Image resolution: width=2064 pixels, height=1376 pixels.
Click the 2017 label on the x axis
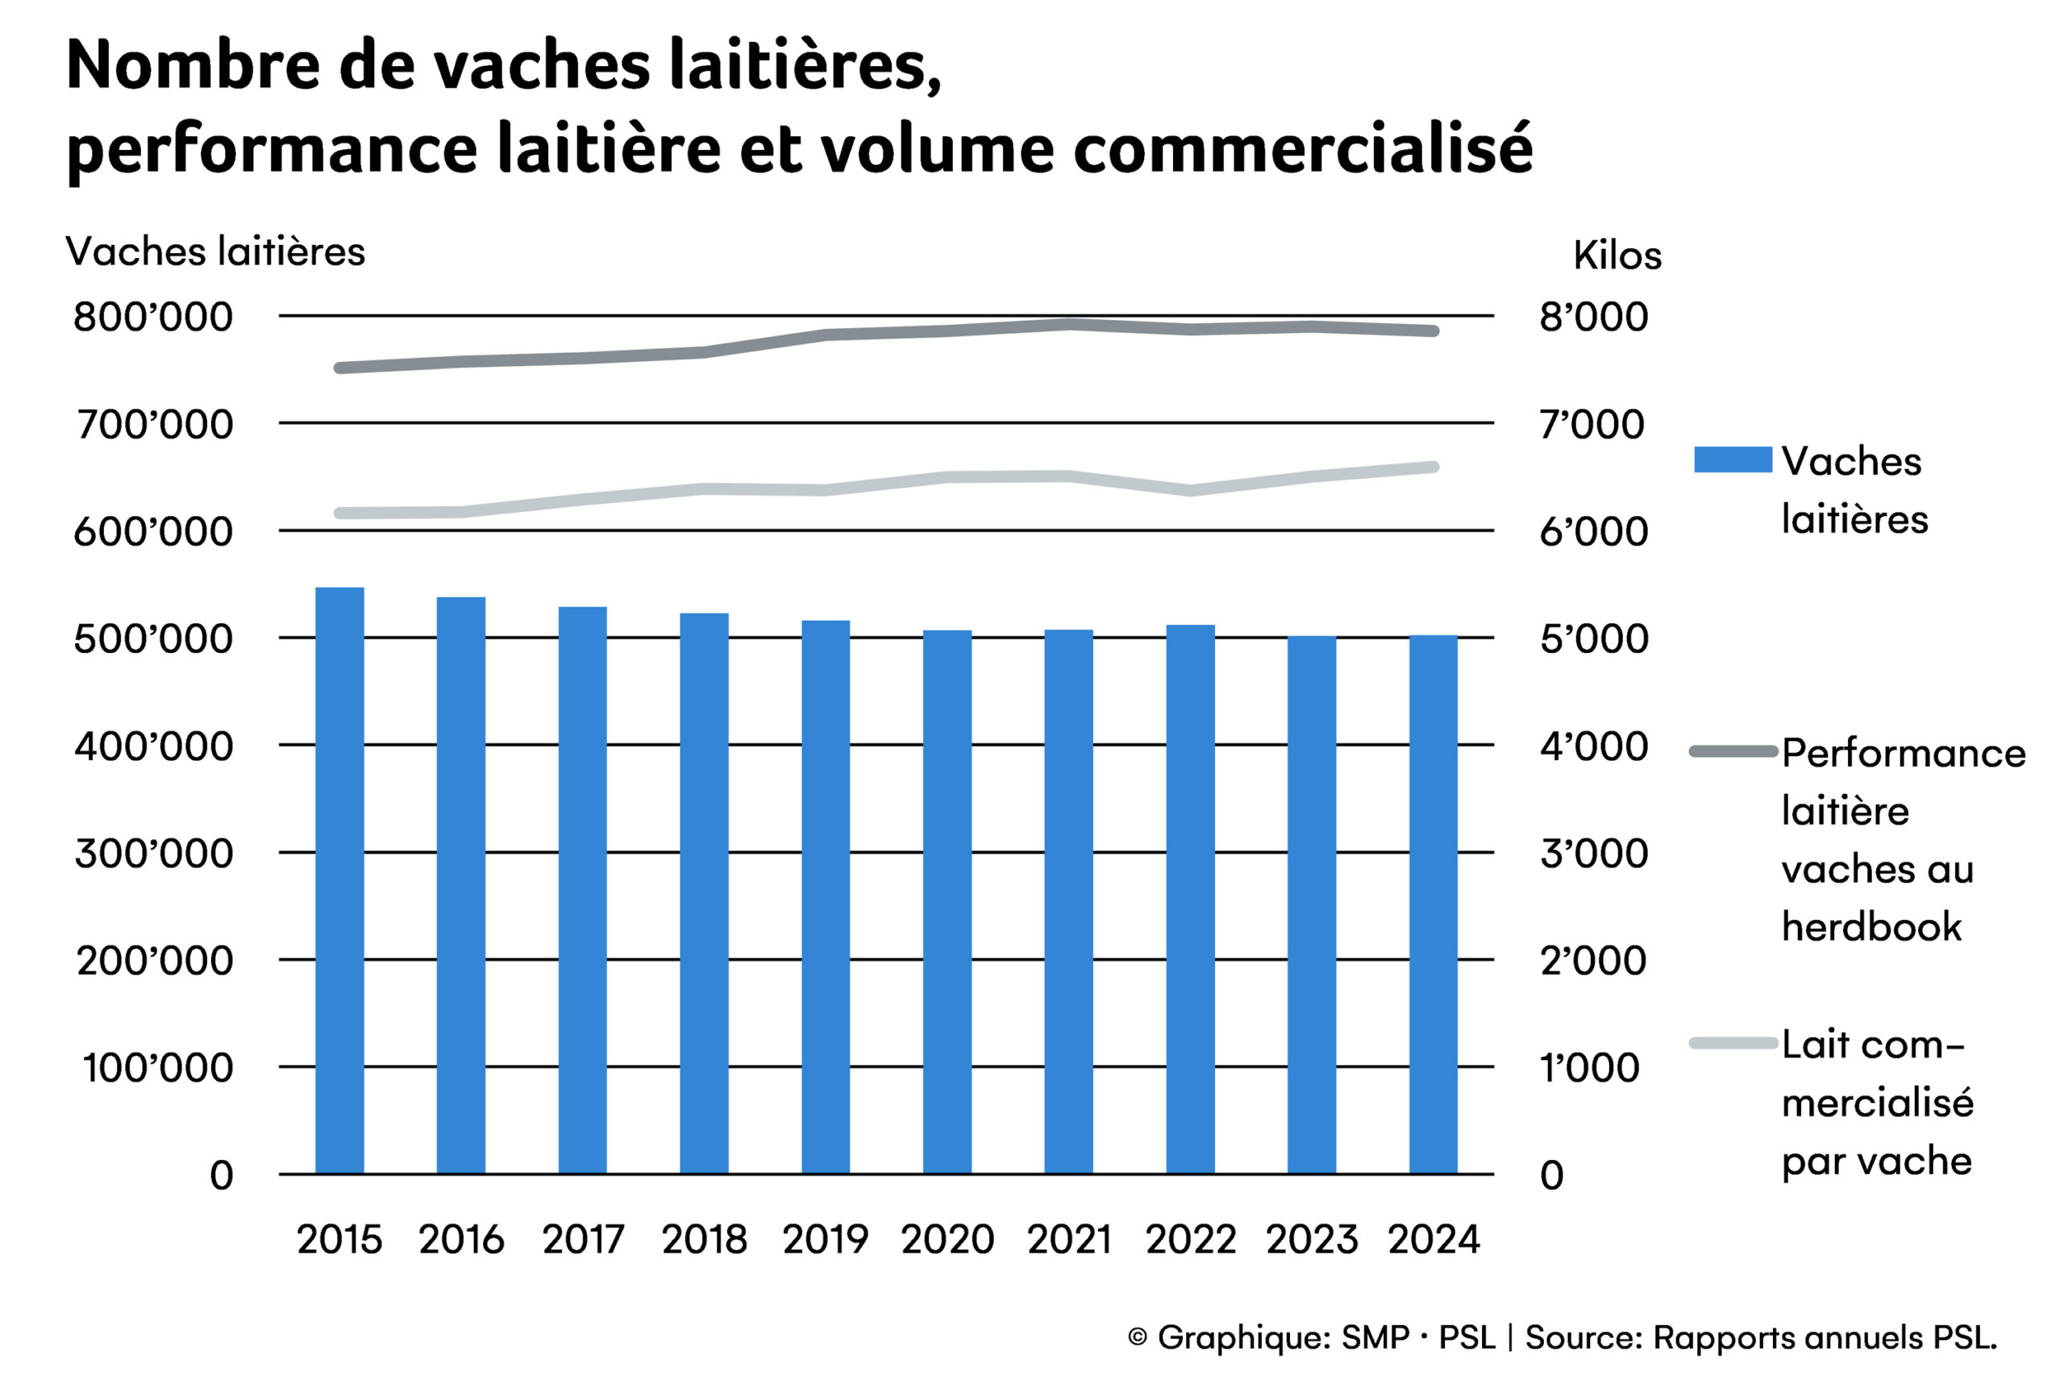583,1239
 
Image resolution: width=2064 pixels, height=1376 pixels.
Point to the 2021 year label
1069,1239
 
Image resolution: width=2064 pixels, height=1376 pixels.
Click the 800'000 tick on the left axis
153,317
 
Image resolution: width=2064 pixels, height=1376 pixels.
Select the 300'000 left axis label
153,853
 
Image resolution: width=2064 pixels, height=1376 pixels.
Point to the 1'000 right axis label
1589,1068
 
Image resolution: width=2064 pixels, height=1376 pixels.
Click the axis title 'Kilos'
1617,256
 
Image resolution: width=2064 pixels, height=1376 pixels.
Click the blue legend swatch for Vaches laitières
1733,459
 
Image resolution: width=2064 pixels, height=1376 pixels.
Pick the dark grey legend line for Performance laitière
1733,751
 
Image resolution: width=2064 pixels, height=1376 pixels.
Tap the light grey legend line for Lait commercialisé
1733,1042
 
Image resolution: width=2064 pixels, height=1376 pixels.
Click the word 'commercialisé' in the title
1302,149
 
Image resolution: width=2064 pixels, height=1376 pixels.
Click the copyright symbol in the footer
1138,1337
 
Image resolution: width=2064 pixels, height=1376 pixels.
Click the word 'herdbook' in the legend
1871,927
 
